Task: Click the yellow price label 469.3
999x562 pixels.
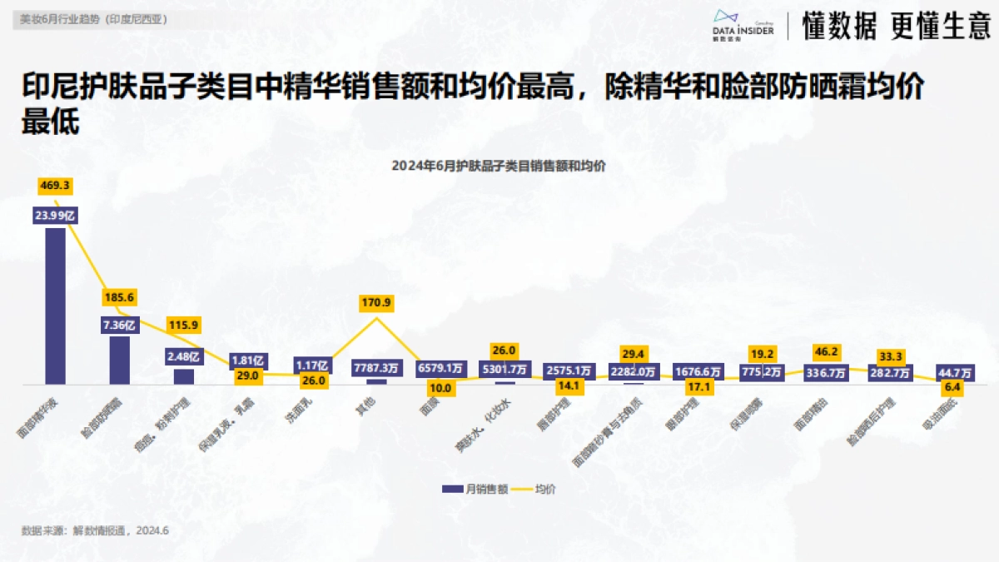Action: coord(55,185)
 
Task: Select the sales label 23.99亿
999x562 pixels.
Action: coord(55,215)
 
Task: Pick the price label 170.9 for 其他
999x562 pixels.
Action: coord(376,301)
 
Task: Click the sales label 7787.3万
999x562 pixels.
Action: coord(376,367)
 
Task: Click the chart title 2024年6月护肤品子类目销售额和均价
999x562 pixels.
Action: coord(499,166)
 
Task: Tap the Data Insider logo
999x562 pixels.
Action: coord(743,25)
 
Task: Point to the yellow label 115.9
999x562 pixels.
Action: coord(184,326)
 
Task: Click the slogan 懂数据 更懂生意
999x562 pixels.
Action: coord(896,27)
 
